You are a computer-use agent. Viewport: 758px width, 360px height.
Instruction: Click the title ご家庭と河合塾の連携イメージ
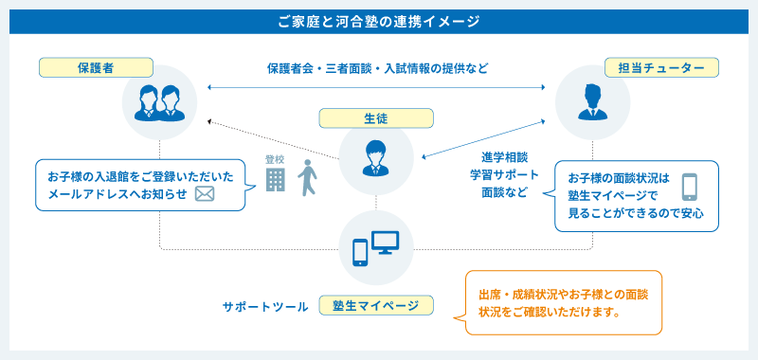pyautogui.click(x=379, y=20)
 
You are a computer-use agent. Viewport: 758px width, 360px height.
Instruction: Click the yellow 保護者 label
pyautogui.click(x=96, y=67)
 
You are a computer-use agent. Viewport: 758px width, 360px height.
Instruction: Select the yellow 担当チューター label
pyautogui.click(x=661, y=68)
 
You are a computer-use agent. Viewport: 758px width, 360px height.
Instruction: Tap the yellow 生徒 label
pyautogui.click(x=376, y=118)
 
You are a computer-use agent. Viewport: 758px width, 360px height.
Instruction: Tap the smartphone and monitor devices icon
pyautogui.click(x=376, y=248)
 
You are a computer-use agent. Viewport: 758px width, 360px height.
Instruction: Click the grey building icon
pyautogui.click(x=275, y=179)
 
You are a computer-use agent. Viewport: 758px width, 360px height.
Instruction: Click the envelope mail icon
pyautogui.click(x=206, y=194)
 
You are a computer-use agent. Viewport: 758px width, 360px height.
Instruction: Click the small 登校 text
pyautogui.click(x=275, y=159)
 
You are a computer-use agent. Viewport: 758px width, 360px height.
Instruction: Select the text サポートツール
pyautogui.click(x=265, y=307)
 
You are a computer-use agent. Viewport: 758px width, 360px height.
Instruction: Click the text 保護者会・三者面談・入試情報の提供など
pyautogui.click(x=377, y=69)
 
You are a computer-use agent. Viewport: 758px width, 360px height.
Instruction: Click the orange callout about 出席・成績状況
pyautogui.click(x=564, y=302)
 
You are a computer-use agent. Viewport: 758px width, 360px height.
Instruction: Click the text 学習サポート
pyautogui.click(x=503, y=174)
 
